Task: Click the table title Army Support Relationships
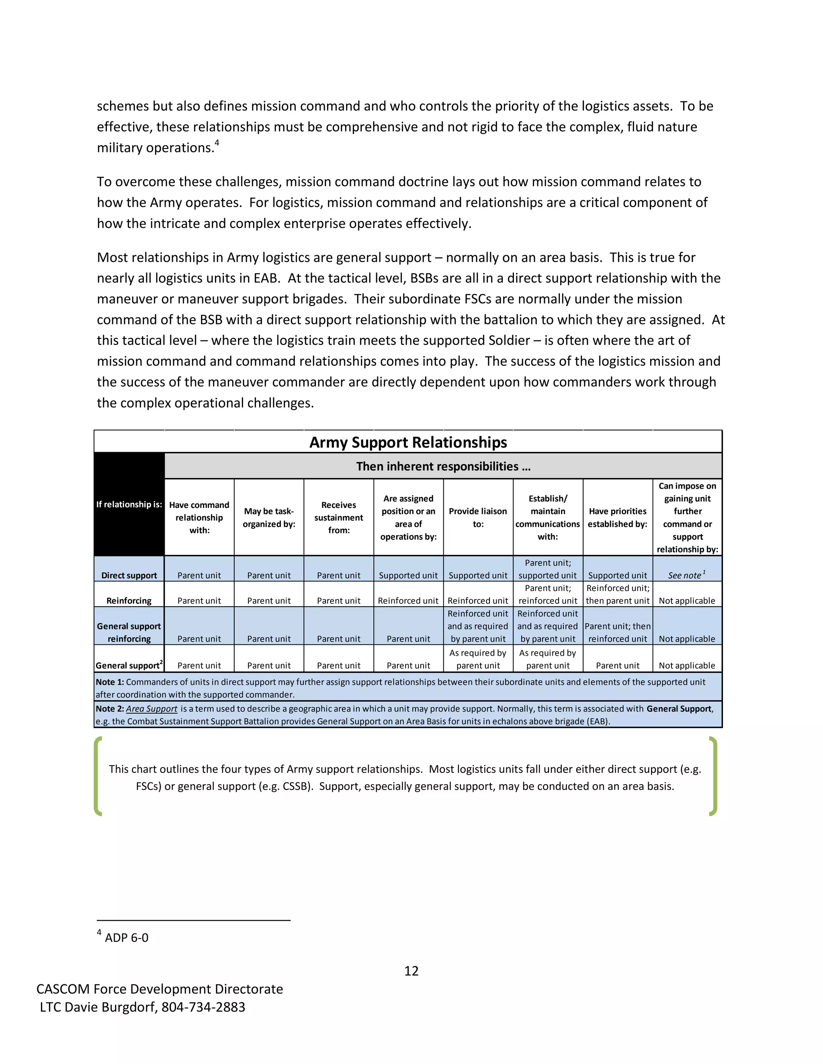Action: point(408,442)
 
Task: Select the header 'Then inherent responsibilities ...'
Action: point(443,466)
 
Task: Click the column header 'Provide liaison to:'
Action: point(478,518)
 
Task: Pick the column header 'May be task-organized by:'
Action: point(269,518)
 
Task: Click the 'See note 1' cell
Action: point(686,575)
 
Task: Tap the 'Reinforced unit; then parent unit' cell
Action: point(617,594)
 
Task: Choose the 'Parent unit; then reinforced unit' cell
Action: point(617,632)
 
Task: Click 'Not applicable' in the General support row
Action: point(686,665)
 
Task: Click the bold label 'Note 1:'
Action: point(110,682)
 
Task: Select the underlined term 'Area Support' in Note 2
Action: point(151,709)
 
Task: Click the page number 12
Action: point(411,971)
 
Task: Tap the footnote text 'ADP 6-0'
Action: point(126,938)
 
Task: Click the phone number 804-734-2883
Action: point(203,1007)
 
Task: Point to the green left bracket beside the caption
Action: point(98,776)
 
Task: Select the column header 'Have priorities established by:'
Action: point(617,518)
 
